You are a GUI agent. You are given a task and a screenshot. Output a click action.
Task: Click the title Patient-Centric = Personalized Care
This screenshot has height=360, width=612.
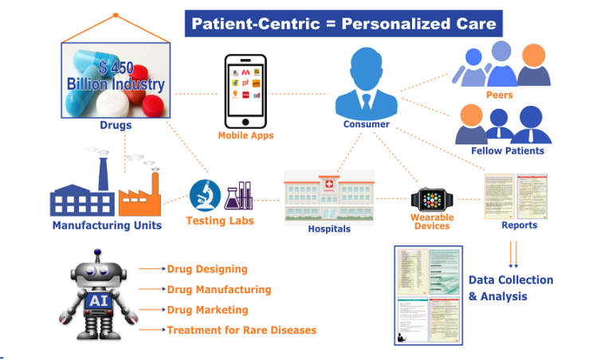click(x=343, y=23)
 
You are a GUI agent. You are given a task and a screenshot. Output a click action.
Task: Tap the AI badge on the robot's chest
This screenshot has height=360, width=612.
click(x=95, y=299)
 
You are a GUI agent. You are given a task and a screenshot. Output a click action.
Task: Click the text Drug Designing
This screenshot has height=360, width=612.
click(x=207, y=269)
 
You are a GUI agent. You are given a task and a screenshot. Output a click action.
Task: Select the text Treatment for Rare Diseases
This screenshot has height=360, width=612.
click(x=241, y=330)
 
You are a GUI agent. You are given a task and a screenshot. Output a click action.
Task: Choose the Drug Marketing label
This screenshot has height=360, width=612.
click(x=207, y=310)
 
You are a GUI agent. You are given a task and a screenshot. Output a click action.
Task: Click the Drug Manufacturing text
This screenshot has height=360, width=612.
click(x=219, y=290)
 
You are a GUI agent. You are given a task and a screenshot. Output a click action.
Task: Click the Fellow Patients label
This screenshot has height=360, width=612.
click(x=508, y=151)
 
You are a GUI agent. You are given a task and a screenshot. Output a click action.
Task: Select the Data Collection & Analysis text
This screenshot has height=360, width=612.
click(x=510, y=288)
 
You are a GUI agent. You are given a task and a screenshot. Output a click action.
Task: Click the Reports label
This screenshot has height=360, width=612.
click(x=519, y=225)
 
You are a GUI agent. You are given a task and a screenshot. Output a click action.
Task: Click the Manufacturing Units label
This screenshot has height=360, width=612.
click(x=107, y=225)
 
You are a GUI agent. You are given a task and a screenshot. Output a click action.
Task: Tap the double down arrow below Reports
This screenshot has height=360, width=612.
click(x=513, y=254)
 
